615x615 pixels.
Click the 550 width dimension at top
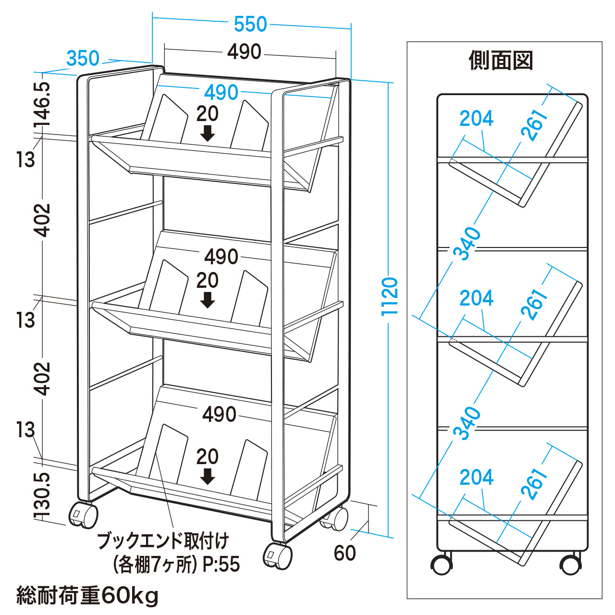250,25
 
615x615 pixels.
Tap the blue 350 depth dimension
83,59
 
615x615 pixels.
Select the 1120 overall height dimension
390,296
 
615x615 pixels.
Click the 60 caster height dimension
344,553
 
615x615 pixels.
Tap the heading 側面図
501,61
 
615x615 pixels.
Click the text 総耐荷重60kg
87,596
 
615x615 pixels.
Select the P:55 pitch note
221,565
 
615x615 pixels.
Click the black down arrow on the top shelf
208,133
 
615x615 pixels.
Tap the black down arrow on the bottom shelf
208,476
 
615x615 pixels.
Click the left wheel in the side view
441,565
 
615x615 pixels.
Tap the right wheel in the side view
571,565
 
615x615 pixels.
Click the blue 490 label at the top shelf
221,92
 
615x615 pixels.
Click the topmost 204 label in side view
476,118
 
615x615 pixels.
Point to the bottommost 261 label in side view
534,483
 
